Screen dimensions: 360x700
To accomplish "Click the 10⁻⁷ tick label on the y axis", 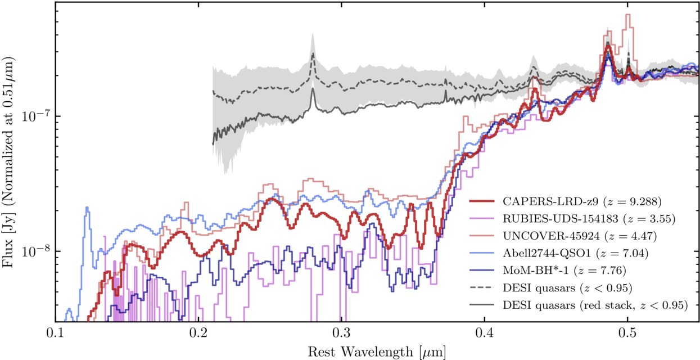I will (35, 116).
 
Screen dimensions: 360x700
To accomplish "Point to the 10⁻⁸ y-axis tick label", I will (35, 251).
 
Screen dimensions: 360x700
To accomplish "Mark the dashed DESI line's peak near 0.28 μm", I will (313, 53).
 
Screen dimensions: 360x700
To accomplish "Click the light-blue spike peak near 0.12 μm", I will (87, 208).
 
